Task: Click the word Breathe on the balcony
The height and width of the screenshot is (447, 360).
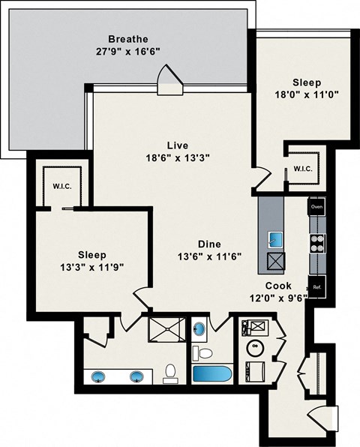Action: coord(127,39)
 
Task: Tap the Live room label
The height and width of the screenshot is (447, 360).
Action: coord(177,145)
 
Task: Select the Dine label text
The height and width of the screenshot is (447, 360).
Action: coord(209,244)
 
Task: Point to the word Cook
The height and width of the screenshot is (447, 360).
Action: coord(278,285)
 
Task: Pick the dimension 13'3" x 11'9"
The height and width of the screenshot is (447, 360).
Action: coord(91,267)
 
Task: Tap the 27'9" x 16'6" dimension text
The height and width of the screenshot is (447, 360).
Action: coord(127,52)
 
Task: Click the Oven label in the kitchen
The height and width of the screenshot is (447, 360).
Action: coord(316,206)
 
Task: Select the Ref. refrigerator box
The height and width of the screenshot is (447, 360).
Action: coord(316,286)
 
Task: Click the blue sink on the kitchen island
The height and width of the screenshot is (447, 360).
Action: coord(276,239)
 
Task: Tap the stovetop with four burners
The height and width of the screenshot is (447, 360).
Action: coord(316,242)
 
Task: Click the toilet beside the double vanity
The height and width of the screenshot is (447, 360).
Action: coord(170,371)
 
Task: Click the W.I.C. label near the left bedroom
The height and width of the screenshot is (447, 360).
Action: coord(61,186)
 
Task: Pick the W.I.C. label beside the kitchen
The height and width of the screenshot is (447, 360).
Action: coord(303,168)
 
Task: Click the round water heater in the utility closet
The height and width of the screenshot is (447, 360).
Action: coord(255,346)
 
